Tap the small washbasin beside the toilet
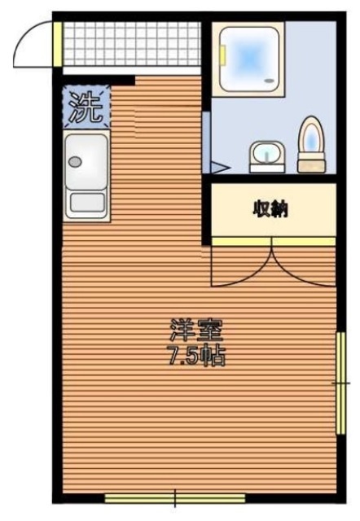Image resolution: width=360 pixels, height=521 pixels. click(x=266, y=154)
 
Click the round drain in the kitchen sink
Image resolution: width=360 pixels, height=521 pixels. click(x=76, y=162)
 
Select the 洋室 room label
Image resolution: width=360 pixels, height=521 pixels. click(x=195, y=331)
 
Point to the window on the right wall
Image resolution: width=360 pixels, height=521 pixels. click(x=340, y=382)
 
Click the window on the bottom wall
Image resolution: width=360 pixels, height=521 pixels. click(x=174, y=497)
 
